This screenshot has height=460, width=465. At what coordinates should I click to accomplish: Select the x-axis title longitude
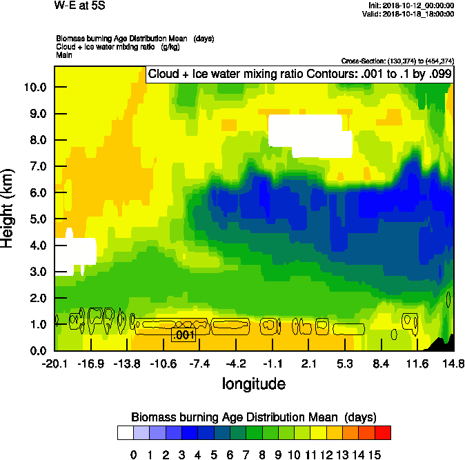[x=253, y=383]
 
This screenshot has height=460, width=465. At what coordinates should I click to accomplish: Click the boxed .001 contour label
[x=184, y=335]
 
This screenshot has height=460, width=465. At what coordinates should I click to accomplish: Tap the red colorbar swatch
[x=383, y=432]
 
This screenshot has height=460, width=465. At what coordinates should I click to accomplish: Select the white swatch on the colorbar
[x=126, y=432]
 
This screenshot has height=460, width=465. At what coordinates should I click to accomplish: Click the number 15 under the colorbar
[x=375, y=454]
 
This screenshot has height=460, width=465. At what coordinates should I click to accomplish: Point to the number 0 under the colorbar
[x=134, y=454]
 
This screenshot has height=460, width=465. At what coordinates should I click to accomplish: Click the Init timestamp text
[x=412, y=6]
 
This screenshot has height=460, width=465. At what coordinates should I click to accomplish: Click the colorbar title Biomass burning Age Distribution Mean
[x=253, y=417]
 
